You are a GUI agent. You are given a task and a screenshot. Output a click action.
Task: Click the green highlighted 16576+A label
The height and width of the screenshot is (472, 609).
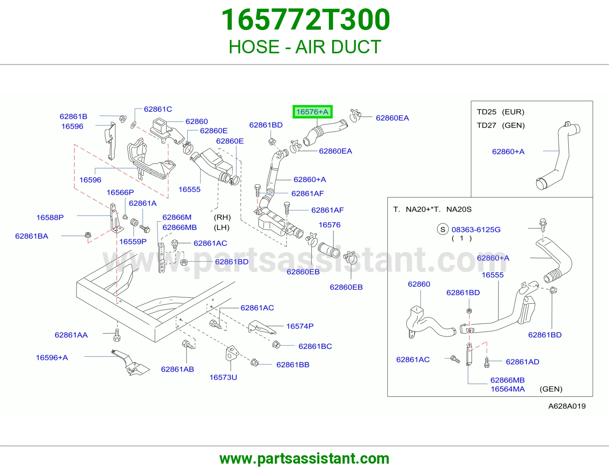pos(312,112)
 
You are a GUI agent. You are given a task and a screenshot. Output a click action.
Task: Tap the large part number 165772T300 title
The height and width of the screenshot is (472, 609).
pos(306,20)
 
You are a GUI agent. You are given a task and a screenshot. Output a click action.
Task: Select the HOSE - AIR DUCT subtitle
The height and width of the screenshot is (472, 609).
pos(305,47)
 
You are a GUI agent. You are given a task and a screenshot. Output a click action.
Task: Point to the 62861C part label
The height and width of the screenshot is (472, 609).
pos(158,109)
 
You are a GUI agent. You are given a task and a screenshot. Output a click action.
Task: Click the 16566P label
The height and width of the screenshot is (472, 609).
pos(120,192)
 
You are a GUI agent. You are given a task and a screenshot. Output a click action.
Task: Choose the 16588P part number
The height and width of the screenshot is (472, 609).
pos(50,217)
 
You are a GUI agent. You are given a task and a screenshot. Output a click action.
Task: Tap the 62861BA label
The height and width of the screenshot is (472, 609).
pos(32,236)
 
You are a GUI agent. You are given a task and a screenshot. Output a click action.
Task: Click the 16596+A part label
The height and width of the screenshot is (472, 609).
pos(52,357)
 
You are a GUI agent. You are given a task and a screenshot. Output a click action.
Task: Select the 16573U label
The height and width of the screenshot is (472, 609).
pos(223,377)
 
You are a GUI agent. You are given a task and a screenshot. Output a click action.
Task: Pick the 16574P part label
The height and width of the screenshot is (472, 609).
pos(300,326)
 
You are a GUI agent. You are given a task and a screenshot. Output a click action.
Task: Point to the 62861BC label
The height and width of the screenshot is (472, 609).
pos(315,346)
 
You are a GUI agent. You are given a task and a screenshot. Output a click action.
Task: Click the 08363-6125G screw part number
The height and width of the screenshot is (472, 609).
pos(476,230)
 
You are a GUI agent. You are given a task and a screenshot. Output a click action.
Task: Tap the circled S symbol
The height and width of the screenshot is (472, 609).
pos(443,230)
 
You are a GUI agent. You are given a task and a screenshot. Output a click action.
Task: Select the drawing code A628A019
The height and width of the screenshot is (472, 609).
pos(567,406)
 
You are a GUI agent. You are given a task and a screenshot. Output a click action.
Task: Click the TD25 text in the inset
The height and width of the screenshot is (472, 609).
pos(486,112)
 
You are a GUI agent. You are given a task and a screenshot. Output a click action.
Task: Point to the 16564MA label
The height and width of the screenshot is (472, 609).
pos(507,389)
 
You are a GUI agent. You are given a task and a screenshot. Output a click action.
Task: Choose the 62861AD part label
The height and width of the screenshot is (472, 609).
pos(522,362)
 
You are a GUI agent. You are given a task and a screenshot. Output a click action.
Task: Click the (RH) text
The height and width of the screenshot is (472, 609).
pos(222,217)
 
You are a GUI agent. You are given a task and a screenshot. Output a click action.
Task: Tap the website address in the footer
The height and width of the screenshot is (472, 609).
pos(304,459)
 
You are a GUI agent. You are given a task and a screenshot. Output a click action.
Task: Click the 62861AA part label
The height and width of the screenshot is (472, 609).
pos(71,335)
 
